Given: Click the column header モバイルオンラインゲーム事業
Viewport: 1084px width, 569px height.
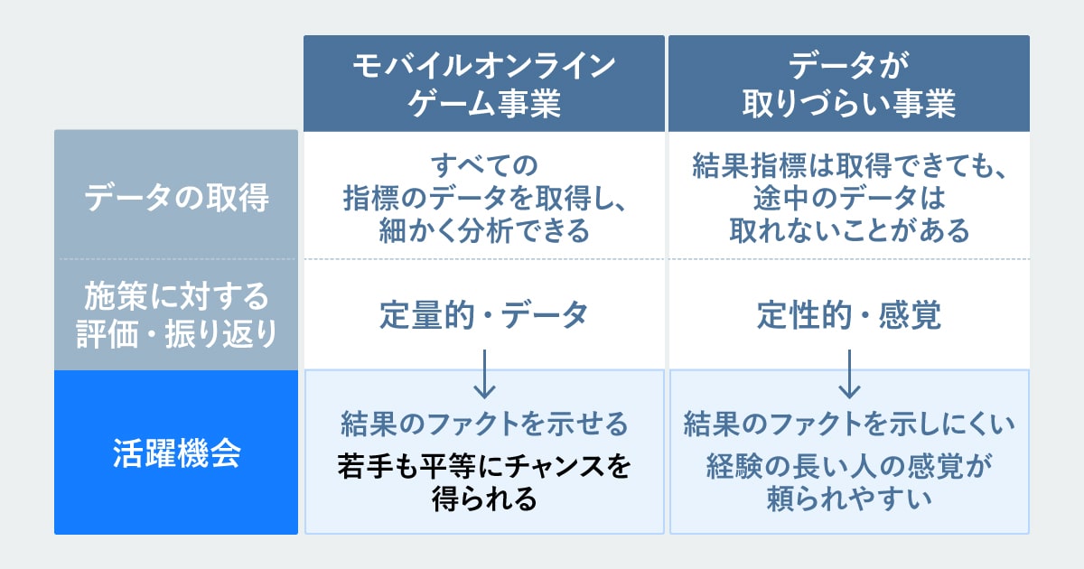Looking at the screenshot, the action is click(484, 84).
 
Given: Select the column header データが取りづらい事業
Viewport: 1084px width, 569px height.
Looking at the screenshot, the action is click(849, 84).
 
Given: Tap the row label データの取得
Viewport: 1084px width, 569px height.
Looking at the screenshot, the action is click(176, 198).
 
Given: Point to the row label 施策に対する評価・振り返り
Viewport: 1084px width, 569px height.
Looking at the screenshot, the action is click(176, 315).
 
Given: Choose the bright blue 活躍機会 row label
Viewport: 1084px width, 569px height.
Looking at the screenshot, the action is click(176, 452).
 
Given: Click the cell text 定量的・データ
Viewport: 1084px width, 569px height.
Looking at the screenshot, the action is click(484, 315).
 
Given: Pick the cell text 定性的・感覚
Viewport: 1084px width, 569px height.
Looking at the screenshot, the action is click(849, 315).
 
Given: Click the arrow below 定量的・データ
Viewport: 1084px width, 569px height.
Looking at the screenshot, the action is click(484, 374).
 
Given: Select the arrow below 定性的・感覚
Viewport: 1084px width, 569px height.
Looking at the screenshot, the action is click(849, 374).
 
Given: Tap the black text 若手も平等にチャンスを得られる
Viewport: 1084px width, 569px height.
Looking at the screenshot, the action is click(484, 482).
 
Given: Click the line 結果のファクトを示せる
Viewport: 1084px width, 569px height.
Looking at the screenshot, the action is click(484, 424).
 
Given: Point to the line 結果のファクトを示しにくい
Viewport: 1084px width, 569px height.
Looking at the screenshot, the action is click(849, 424).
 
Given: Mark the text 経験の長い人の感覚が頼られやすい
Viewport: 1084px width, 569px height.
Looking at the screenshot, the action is click(849, 482).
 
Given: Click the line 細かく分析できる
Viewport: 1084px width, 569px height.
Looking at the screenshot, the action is click(484, 230).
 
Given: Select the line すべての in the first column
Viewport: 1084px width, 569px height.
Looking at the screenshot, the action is click(484, 165).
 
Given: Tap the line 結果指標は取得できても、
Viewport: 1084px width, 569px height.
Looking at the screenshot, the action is click(849, 165).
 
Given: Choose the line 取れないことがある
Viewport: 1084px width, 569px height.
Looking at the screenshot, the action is click(849, 230).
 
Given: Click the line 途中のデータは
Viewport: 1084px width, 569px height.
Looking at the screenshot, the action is click(849, 198).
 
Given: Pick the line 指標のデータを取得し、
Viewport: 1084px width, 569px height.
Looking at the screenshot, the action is click(484, 198).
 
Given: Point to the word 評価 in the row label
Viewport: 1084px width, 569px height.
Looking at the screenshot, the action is click(107, 334).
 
